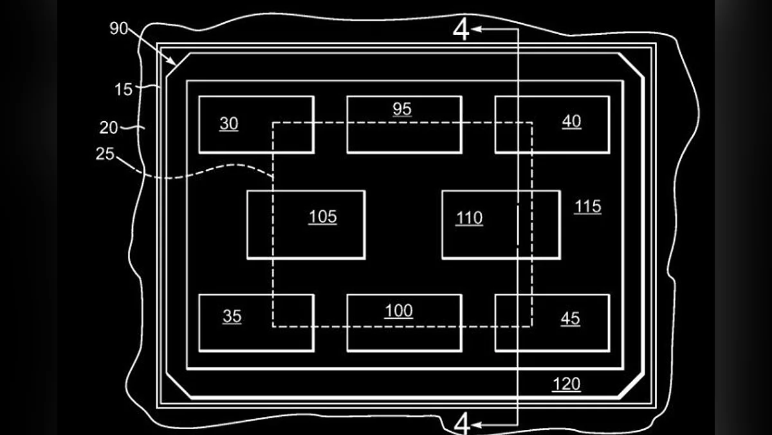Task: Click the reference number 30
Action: click(229, 124)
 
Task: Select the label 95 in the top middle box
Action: click(402, 109)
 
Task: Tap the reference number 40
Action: click(571, 121)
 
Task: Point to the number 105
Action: click(322, 217)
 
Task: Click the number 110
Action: click(469, 218)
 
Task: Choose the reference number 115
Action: click(588, 206)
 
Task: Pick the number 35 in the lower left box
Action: click(232, 316)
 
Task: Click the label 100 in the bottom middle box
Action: click(399, 311)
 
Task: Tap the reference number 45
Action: click(570, 318)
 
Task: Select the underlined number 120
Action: click(566, 385)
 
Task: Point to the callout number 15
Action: click(124, 90)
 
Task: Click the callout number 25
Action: click(105, 155)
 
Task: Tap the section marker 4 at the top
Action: click(462, 30)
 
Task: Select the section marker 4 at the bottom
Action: click(462, 423)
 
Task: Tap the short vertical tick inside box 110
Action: click(518, 225)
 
